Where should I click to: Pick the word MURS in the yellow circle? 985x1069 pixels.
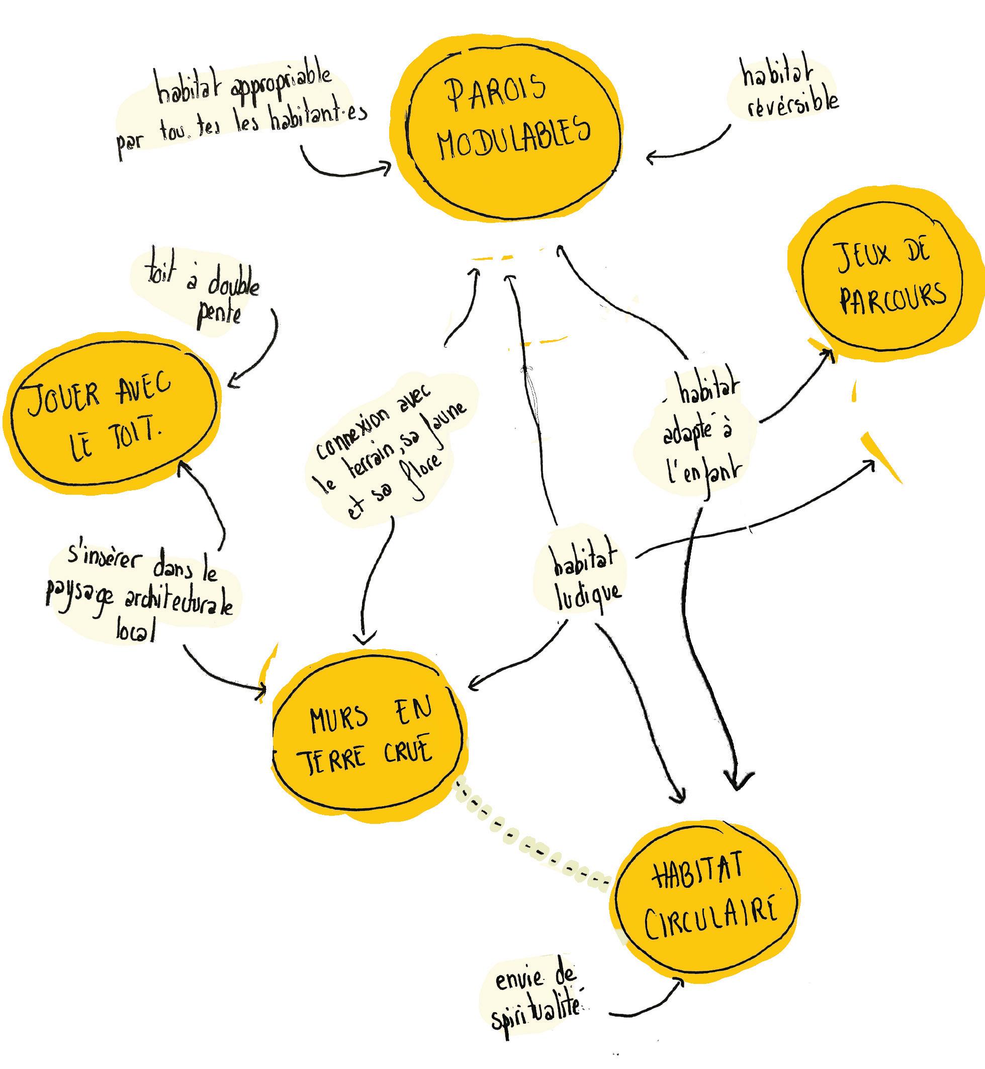point(339,718)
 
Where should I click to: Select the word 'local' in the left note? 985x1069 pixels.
point(136,633)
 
